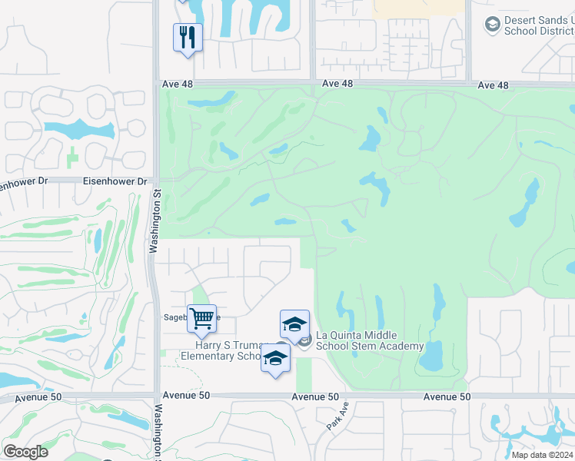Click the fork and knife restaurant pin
[x=188, y=37]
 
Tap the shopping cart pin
[x=201, y=318]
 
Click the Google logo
[x=25, y=452]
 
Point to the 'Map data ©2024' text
[x=541, y=455]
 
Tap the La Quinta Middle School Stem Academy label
[x=370, y=340]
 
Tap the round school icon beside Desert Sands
[x=492, y=25]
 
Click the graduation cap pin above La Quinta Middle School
[x=294, y=324]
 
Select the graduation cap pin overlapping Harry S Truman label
[x=275, y=357]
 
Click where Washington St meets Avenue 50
[x=156, y=396]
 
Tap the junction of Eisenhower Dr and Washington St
[x=156, y=183]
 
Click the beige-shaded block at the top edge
[x=418, y=8]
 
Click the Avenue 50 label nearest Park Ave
[x=315, y=396]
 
